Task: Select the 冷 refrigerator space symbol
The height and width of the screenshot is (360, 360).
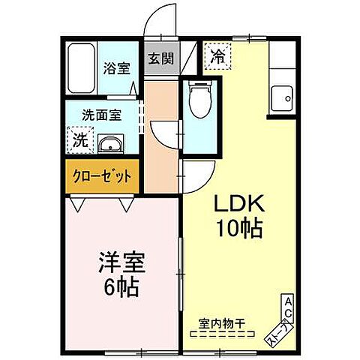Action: pyautogui.click(x=218, y=55)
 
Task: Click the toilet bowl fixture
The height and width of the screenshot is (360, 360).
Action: pyautogui.click(x=199, y=100)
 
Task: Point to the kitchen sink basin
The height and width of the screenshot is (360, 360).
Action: pyautogui.click(x=282, y=97)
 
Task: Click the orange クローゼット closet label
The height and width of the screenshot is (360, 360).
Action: pyautogui.click(x=101, y=176)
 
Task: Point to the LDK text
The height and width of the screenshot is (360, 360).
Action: pyautogui.click(x=239, y=203)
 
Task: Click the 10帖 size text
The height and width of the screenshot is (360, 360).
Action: pyautogui.click(x=239, y=228)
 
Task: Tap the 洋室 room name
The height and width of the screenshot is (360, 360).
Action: pyautogui.click(x=121, y=264)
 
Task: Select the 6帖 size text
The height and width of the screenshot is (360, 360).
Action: pyautogui.click(x=121, y=286)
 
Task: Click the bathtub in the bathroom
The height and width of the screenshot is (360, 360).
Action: pyautogui.click(x=79, y=69)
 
